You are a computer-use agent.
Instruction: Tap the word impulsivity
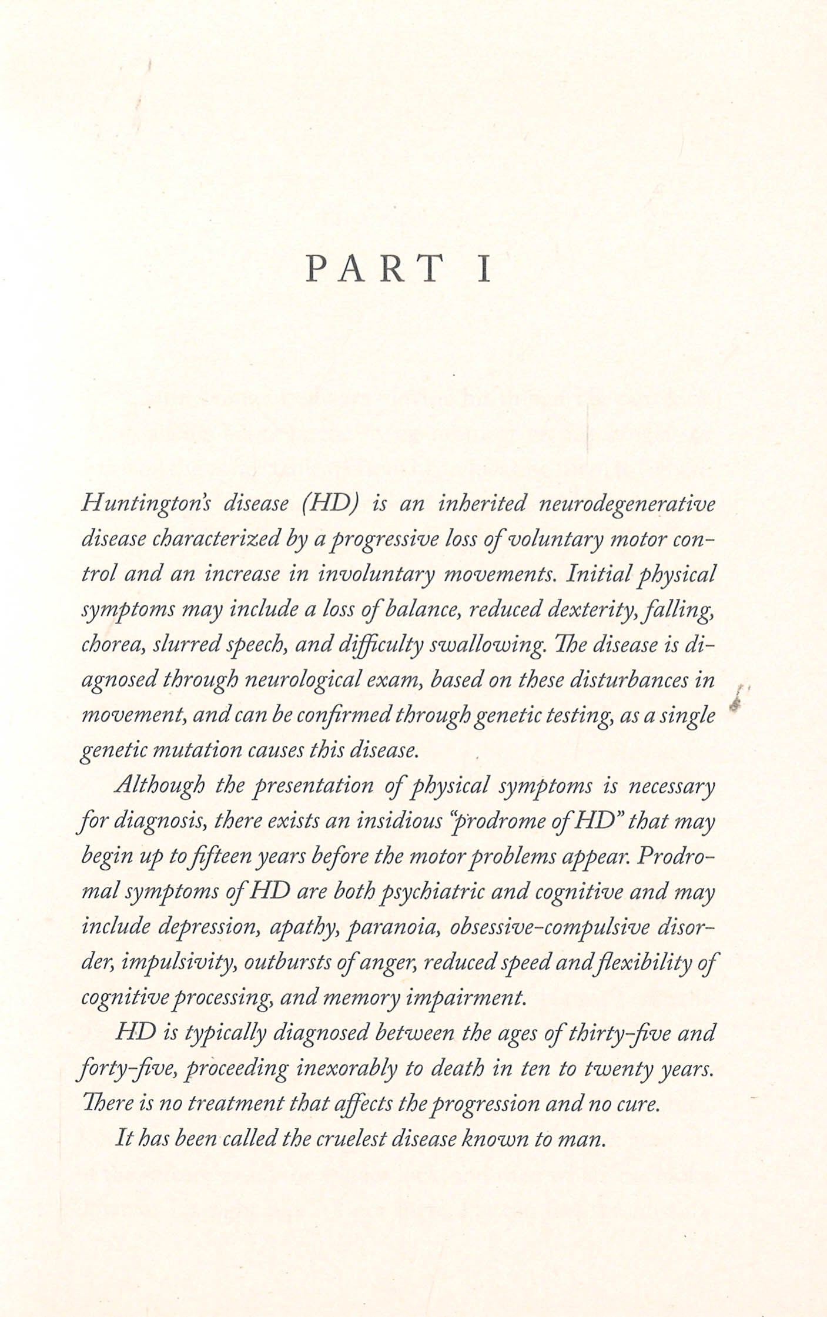click(179, 963)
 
